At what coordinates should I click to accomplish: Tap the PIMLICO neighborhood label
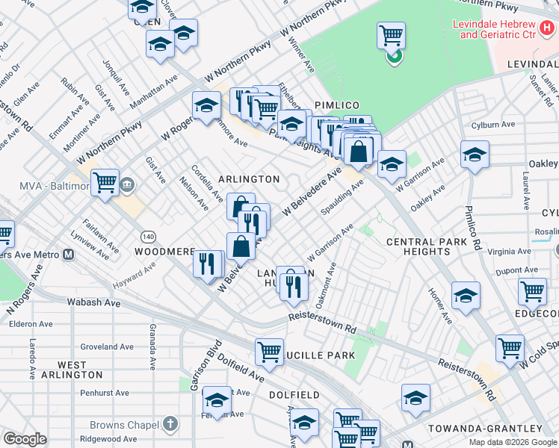click(x=337, y=105)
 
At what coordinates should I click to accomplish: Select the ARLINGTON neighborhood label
click(x=249, y=179)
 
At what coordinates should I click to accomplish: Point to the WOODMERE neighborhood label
click(x=164, y=252)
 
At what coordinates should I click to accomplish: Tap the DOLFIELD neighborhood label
click(x=294, y=394)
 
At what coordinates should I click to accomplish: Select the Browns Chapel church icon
click(x=170, y=423)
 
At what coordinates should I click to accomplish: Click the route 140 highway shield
click(x=149, y=237)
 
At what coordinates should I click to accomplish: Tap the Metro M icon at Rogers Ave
click(x=68, y=255)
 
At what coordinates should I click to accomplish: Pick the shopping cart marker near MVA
click(x=105, y=182)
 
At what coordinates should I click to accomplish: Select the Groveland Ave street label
click(x=108, y=346)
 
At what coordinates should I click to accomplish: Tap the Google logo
click(x=25, y=439)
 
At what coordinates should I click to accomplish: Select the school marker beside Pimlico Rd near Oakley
click(x=474, y=155)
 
